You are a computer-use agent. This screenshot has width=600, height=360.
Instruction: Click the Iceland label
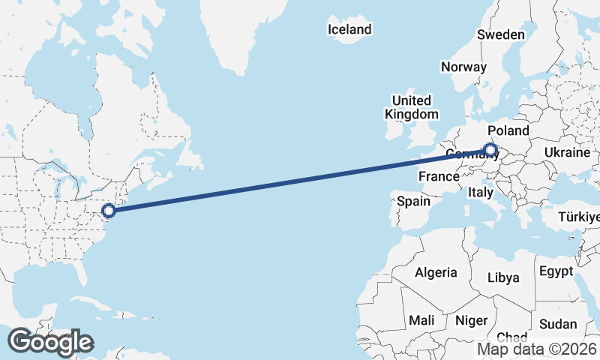349,29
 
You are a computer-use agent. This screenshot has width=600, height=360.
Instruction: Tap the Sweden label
501,34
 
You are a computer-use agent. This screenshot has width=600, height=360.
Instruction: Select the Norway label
463,66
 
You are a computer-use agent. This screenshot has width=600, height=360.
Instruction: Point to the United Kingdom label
410,107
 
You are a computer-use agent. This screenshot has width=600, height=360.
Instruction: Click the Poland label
508,130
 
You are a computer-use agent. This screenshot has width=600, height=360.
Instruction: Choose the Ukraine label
567,152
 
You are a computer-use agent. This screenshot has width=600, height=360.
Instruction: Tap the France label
439,176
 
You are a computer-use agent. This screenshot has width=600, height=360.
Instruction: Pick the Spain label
413,201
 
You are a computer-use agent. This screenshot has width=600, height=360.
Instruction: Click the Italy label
480,193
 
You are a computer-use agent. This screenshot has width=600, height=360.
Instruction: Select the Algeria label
436,271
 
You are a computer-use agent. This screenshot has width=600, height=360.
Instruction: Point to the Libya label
503,277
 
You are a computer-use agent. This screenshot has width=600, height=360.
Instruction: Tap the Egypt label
555,271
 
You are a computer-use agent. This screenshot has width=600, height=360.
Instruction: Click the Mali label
421,320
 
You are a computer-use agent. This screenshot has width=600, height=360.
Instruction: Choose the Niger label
472,320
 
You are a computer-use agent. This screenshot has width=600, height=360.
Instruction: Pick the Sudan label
559,324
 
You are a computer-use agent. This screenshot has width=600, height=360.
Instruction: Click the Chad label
511,337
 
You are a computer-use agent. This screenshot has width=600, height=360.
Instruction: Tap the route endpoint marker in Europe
490,150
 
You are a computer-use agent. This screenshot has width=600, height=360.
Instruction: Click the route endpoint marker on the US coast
109,211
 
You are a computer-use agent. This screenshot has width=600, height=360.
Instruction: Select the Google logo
50,341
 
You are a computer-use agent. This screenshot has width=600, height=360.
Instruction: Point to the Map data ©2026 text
537,348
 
